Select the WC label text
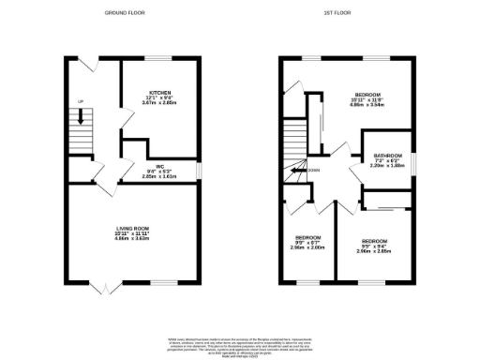159,165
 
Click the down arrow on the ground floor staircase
82,117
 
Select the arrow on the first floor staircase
299,171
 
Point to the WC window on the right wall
199,170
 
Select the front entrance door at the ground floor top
82,63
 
